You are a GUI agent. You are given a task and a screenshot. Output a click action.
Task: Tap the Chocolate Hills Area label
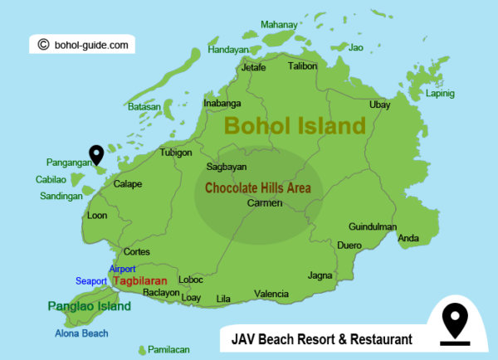pos(258,188)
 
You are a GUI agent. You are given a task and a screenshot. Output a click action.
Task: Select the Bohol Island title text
pos(295,127)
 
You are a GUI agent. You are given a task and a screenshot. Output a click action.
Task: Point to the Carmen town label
pos(266,203)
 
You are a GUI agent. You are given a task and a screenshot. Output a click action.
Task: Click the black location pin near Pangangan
pos(97,154)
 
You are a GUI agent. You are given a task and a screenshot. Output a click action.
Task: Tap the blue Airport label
pos(122,269)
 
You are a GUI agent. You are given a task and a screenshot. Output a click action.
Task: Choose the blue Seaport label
pos(91,281)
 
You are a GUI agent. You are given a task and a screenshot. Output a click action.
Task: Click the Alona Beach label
pos(81,333)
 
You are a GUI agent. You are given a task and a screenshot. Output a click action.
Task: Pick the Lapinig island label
pos(439,94)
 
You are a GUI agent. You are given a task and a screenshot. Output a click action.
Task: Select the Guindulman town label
pos(373,226)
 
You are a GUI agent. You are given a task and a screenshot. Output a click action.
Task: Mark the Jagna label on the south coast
pos(320,275)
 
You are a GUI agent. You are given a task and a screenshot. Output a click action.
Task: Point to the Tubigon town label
pos(176,153)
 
